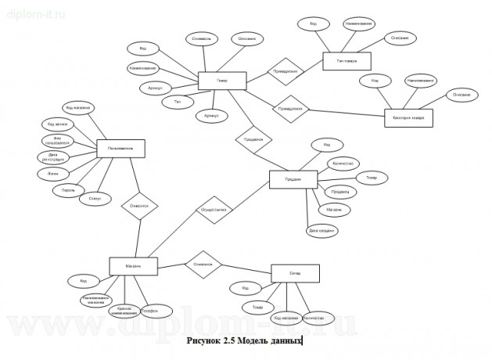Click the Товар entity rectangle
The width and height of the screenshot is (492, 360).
pos(222,80)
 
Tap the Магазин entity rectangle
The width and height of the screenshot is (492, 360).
pos(136,266)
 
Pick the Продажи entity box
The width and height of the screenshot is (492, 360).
pos(291,179)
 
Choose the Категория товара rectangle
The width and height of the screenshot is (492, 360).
pos(408,118)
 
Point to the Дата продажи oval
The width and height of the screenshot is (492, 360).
pos(322,230)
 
